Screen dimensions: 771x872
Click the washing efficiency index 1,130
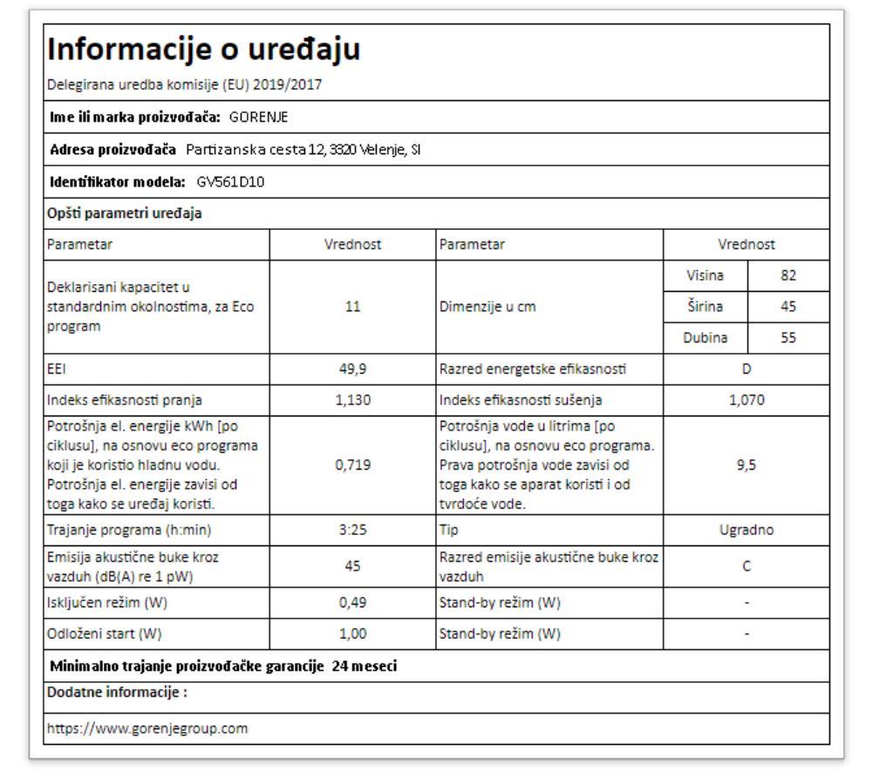(352, 400)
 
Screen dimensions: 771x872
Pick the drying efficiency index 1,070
(746, 400)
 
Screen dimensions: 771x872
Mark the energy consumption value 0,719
(352, 465)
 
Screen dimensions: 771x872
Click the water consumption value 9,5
(746, 465)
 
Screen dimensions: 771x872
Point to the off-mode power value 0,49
(352, 602)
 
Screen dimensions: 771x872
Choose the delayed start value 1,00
(352, 632)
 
